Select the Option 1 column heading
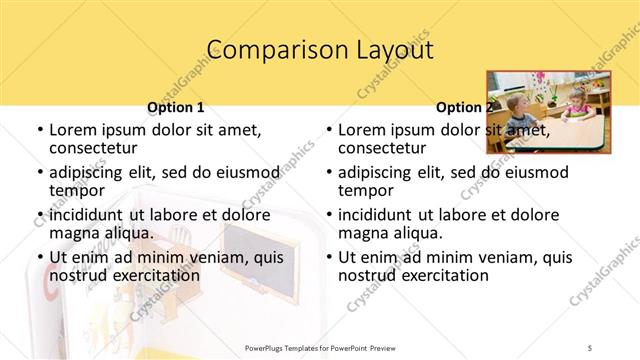[x=175, y=107]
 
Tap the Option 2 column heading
[x=462, y=107]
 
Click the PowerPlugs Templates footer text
[x=319, y=347]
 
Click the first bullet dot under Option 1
[x=39, y=131]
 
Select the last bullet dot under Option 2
[x=328, y=257]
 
